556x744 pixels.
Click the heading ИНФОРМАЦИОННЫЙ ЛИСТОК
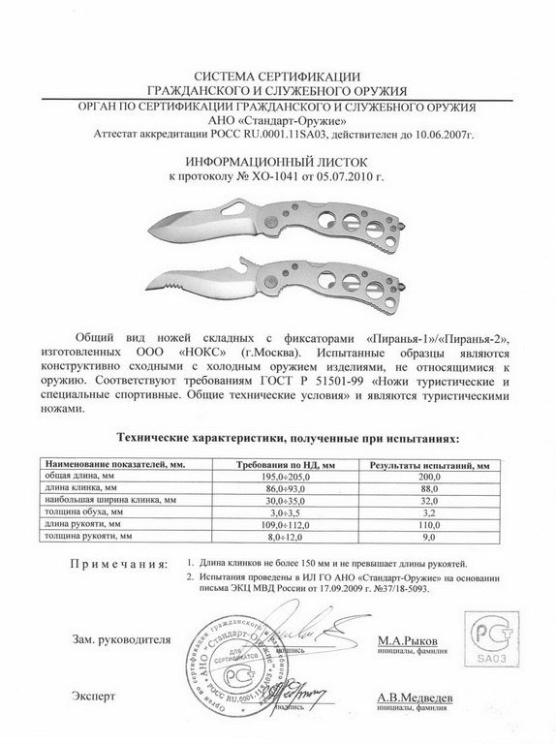click(278, 163)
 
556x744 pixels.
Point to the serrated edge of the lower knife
click(170, 292)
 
